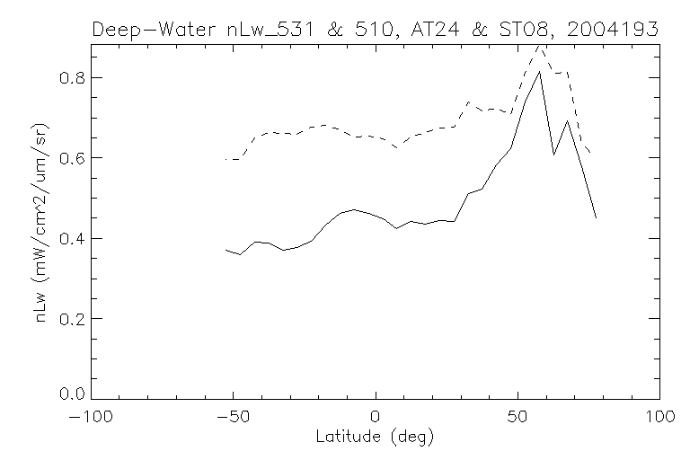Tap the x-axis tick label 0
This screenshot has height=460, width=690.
[375, 418]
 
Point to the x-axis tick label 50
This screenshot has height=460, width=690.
[517, 418]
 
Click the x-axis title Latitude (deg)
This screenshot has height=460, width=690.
[375, 438]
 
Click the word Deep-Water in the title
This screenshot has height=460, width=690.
[157, 30]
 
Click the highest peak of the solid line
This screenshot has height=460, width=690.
[539, 71]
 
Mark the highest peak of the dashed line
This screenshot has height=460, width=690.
[539, 44]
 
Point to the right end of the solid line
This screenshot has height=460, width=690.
[596, 218]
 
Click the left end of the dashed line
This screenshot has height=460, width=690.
[226, 159]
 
